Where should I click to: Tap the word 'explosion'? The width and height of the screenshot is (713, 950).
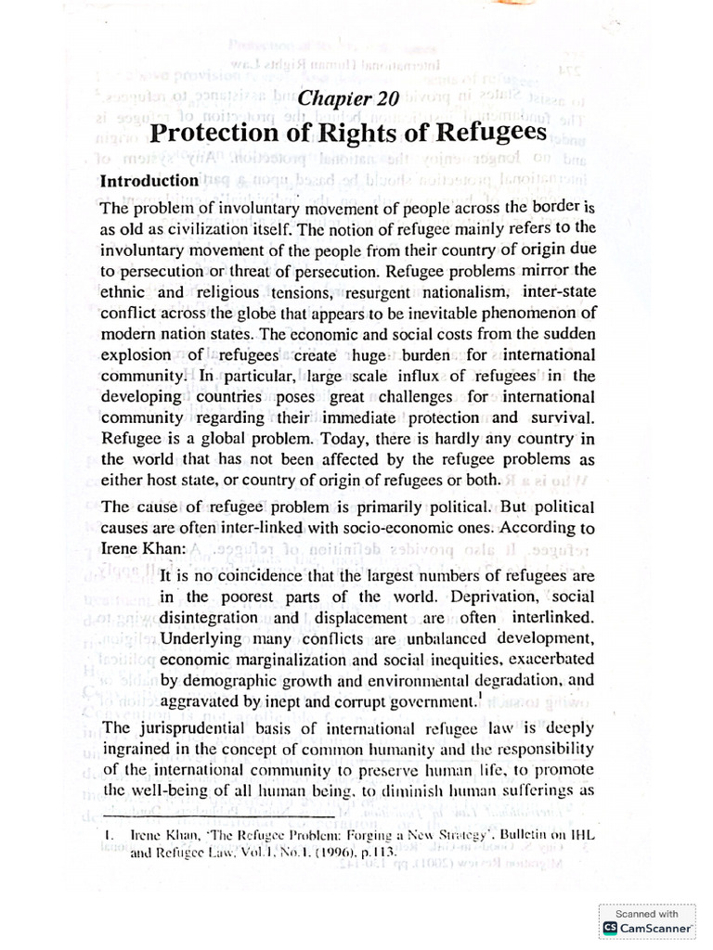point(136,354)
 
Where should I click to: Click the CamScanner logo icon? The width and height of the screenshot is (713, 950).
point(610,928)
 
